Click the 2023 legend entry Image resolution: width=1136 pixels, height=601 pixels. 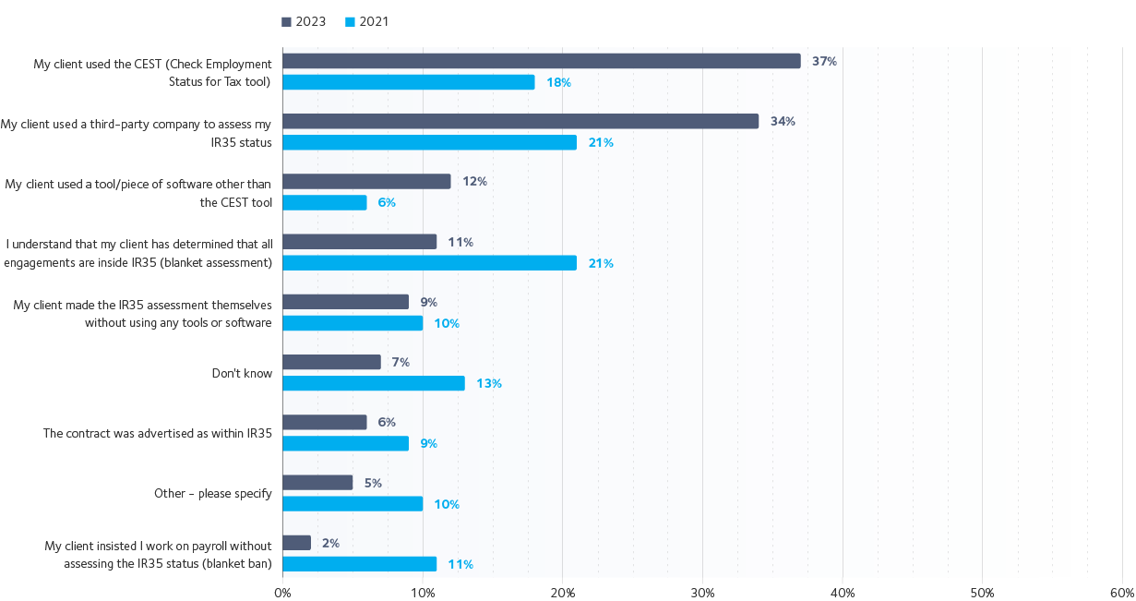tap(304, 21)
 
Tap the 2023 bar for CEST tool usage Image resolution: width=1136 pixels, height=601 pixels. tap(541, 61)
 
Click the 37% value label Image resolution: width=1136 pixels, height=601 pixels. tap(824, 61)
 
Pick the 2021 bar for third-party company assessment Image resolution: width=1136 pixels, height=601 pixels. tap(429, 142)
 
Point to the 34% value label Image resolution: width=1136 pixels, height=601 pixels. tap(783, 121)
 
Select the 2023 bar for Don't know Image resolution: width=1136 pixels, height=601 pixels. tap(331, 362)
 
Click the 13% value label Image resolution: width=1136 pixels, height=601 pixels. tap(489, 383)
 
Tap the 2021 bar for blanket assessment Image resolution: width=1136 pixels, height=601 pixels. tap(429, 263)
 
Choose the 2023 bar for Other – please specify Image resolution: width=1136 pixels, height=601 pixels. tap(317, 482)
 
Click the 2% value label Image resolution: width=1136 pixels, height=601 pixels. tap(330, 543)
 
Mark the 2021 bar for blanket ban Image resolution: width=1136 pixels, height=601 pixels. tap(359, 564)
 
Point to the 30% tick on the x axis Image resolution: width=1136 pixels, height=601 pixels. tap(702, 591)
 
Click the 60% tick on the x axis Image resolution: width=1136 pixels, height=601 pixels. tap(1121, 591)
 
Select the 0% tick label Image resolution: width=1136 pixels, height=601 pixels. tap(282, 591)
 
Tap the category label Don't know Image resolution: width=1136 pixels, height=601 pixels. tap(242, 373)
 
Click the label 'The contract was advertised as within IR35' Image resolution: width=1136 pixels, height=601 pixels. tap(158, 433)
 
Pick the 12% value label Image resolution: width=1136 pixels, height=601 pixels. tap(474, 181)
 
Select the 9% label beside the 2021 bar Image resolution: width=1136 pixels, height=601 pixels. tap(428, 443)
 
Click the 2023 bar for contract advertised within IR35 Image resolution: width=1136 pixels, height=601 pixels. tap(324, 422)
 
